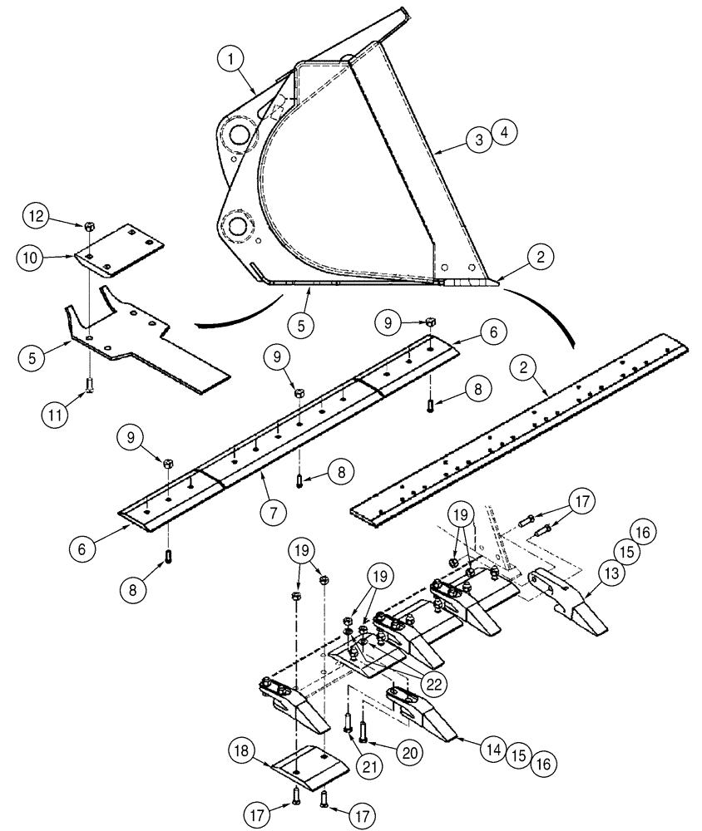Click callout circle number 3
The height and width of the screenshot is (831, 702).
pos(477,140)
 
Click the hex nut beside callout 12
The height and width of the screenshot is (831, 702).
pos(88,224)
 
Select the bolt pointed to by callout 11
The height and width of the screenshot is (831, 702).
pos(87,385)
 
